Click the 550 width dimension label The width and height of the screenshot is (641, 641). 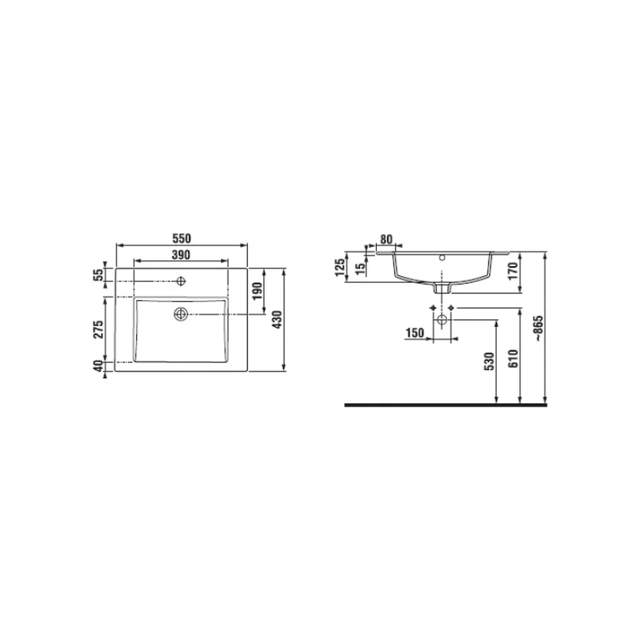(181, 238)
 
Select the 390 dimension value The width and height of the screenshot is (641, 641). (181, 254)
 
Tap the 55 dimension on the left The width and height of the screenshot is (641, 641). (99, 275)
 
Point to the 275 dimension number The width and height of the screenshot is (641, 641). (99, 329)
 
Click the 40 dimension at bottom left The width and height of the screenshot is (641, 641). (99, 366)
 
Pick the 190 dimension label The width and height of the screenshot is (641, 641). (257, 290)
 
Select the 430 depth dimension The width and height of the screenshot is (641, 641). (277, 320)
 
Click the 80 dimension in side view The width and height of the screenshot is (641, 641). (387, 239)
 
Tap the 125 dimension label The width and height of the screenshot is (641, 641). (340, 267)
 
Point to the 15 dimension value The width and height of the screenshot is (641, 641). (360, 269)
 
